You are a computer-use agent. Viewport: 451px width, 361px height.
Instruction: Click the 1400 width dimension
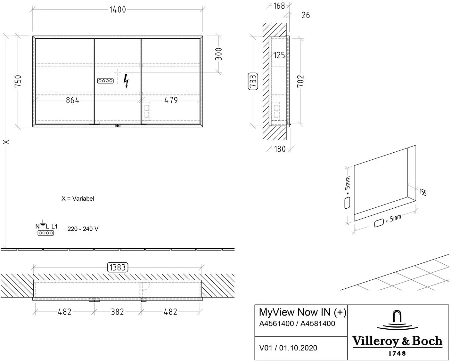(118, 10)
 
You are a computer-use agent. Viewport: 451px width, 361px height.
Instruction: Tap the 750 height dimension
(18, 81)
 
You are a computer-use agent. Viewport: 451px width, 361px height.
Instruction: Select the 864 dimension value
(72, 100)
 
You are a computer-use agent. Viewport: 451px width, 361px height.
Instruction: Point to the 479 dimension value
(171, 100)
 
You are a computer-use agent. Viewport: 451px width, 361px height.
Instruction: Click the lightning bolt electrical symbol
(126, 81)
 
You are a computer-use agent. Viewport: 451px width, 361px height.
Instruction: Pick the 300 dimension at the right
(218, 54)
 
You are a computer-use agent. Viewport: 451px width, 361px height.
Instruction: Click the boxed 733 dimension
(253, 81)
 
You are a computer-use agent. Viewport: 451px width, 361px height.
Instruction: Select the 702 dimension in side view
(300, 81)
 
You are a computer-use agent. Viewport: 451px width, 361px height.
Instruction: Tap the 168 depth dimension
(279, 6)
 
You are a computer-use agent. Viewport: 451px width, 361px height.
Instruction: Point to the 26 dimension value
(306, 15)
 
